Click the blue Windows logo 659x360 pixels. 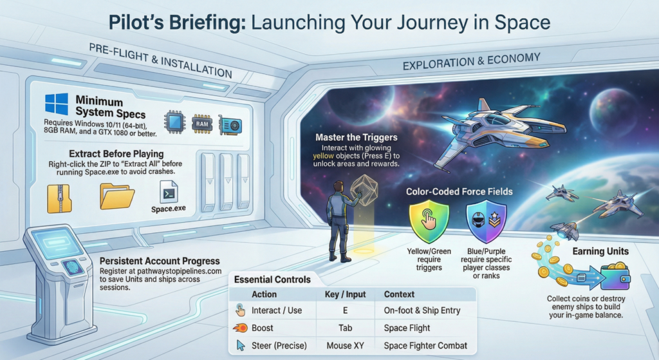pyautogui.click(x=57, y=104)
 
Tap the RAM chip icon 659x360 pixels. pyautogui.click(x=202, y=124)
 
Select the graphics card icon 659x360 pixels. pyautogui.click(x=230, y=125)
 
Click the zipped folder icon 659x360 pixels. pyautogui.click(x=59, y=198)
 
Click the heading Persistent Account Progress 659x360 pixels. pyautogui.click(x=160, y=261)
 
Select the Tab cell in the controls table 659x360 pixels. pyautogui.click(x=345, y=328)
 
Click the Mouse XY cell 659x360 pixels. pyautogui.click(x=345, y=346)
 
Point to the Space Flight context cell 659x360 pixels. pyautogui.click(x=407, y=328)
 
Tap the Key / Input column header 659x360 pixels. pyautogui.click(x=345, y=294)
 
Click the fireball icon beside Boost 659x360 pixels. pyautogui.click(x=240, y=328)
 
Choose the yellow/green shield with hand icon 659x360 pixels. pyautogui.click(x=429, y=221)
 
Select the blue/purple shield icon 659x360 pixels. pyautogui.click(x=487, y=221)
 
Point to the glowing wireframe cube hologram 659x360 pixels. pyautogui.click(x=364, y=190)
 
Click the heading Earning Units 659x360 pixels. pyautogui.click(x=600, y=252)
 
